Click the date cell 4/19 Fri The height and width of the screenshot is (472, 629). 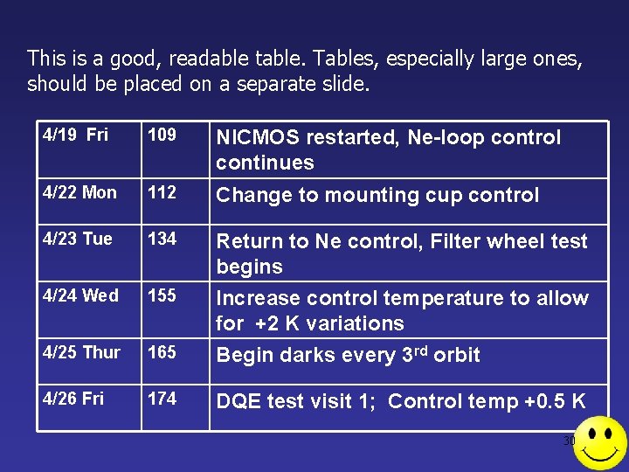coord(74,135)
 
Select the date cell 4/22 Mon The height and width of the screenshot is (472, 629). coord(79,193)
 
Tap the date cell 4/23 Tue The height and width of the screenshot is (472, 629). coord(78,239)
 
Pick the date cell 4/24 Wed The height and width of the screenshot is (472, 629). coord(80,296)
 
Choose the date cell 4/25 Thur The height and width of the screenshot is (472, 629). coord(81,353)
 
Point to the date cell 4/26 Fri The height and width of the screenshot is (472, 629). coord(73,399)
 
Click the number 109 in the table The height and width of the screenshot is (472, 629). coord(162,135)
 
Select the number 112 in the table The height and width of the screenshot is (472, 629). coord(162,193)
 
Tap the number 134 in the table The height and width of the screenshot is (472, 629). coord(162,239)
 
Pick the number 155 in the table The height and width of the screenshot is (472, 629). coord(162,296)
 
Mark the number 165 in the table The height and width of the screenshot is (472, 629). coord(162,353)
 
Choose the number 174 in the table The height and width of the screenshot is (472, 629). coord(162,399)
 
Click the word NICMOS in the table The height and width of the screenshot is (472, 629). coord(258,138)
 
